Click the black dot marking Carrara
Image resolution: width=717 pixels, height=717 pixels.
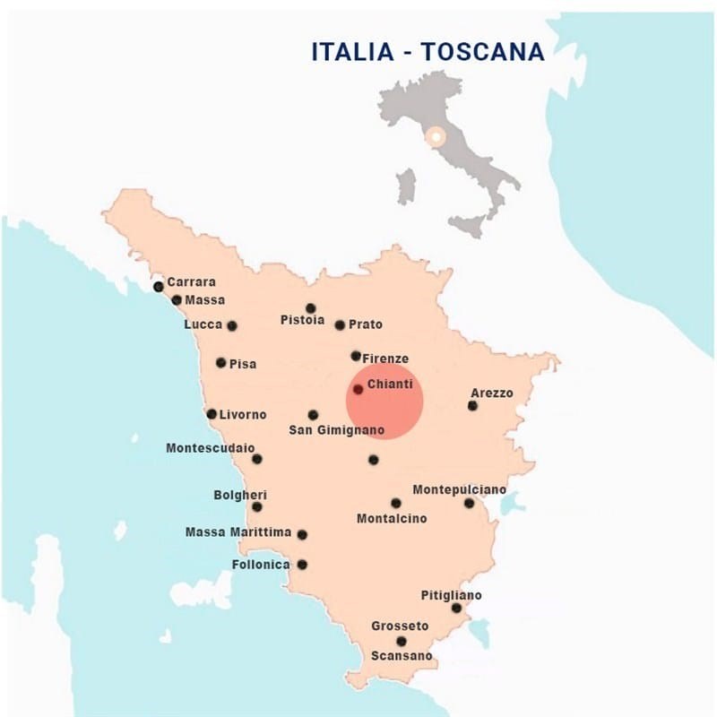(x=159, y=287)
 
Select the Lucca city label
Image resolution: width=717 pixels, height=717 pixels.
(x=203, y=324)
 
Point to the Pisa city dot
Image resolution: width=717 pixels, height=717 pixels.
(x=221, y=363)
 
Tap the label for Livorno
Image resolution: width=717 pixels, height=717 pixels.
(x=243, y=414)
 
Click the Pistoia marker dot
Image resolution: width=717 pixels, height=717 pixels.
(x=311, y=308)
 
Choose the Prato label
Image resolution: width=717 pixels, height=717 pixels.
(x=366, y=324)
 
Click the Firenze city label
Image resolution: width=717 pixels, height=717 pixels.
(x=385, y=358)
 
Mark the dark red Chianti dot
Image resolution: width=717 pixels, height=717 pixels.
(x=358, y=390)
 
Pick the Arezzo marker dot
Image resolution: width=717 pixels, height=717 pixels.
(x=472, y=406)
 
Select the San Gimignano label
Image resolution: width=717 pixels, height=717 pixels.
(x=336, y=431)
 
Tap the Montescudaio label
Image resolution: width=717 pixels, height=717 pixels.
(x=210, y=447)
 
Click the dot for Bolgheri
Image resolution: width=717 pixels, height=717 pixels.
(x=257, y=507)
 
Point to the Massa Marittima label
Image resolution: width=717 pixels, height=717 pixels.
(x=238, y=532)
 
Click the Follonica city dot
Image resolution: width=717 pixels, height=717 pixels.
(x=302, y=565)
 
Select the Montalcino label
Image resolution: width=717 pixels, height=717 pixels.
(x=392, y=519)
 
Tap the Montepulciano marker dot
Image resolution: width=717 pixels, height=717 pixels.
(x=469, y=504)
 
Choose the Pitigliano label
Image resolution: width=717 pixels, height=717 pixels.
(x=451, y=595)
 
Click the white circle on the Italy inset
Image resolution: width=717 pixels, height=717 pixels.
(x=436, y=137)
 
